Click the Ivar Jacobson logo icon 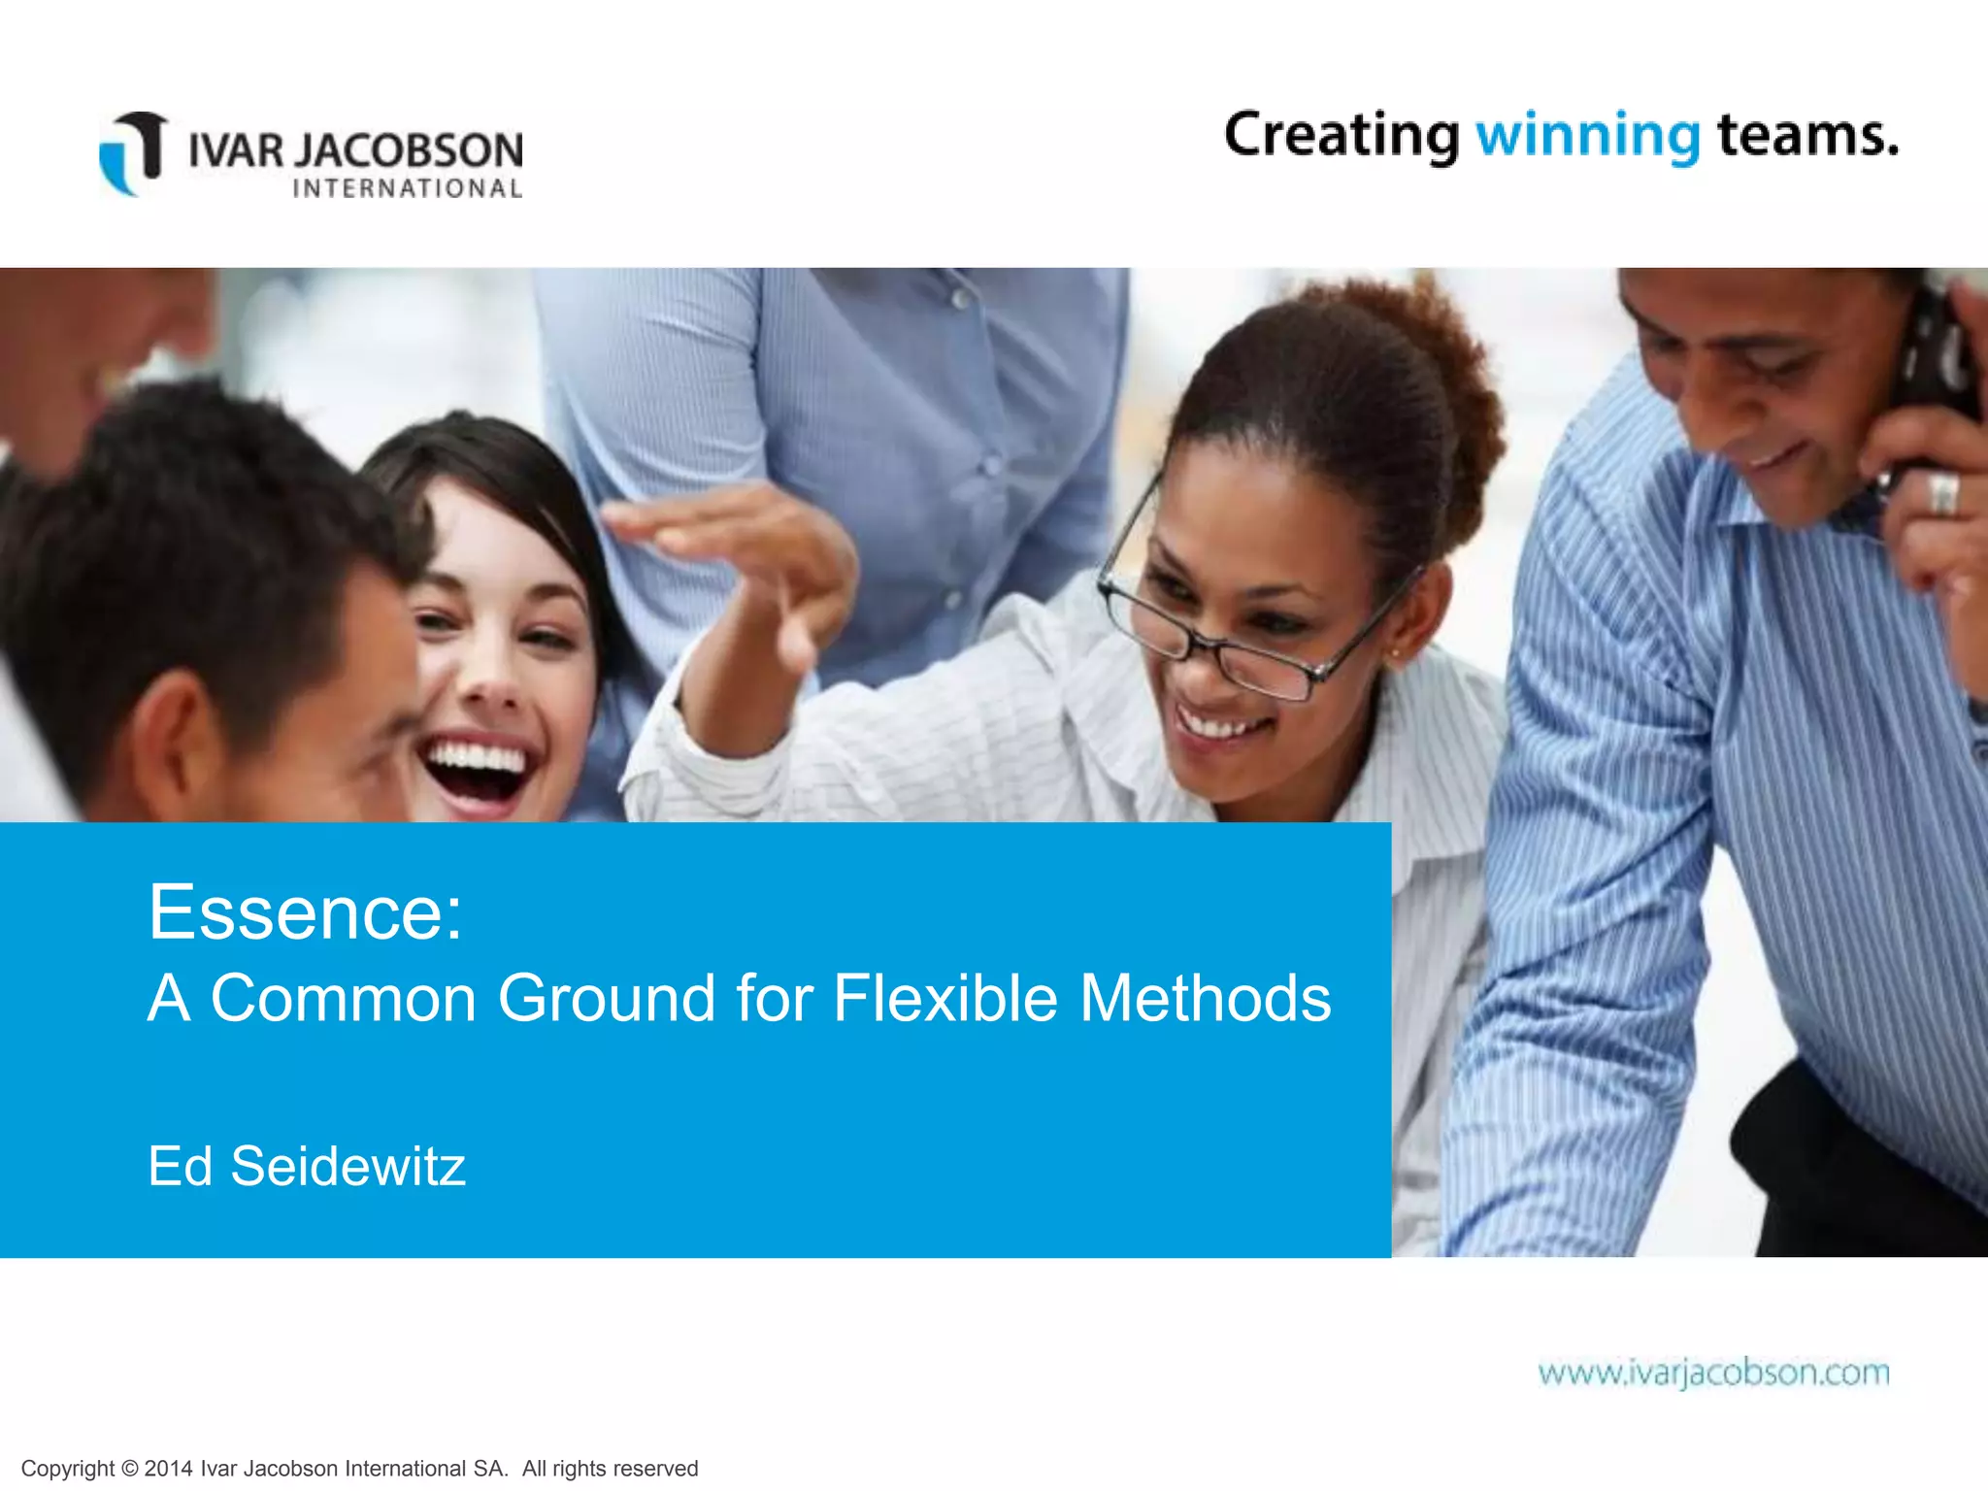(x=134, y=152)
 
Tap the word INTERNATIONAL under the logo (x=408, y=188)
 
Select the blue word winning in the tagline (x=1588, y=136)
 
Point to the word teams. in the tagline (x=1807, y=136)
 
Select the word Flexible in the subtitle (x=944, y=998)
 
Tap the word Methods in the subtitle (x=1205, y=998)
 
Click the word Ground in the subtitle (x=607, y=998)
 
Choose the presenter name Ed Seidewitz (x=307, y=1166)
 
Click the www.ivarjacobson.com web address (x=1713, y=1373)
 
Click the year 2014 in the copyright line (x=168, y=1469)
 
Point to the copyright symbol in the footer (x=130, y=1469)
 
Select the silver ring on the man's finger (x=1942, y=495)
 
